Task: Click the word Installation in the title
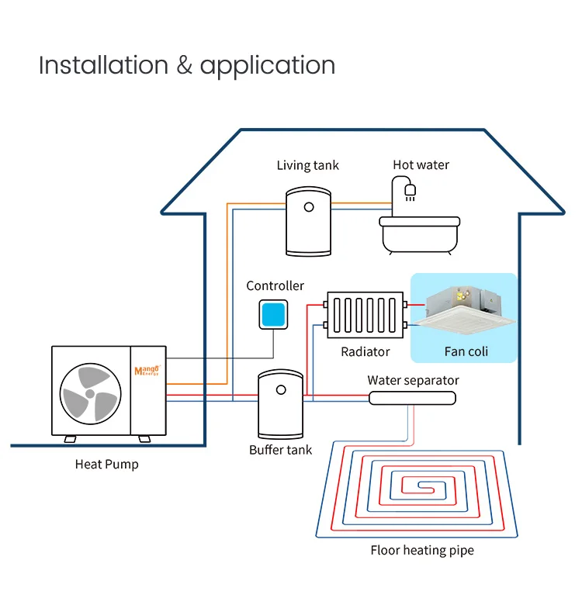pos(103,65)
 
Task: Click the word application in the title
pos(268,67)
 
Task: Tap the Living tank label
pos(308,165)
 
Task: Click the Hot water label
pos(421,164)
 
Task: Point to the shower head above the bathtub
pos(411,189)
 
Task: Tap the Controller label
pos(275,286)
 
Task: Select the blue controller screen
pos(273,314)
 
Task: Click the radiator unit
pos(365,315)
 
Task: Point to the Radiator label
pos(365,352)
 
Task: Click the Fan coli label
pos(466,351)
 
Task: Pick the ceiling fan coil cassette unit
pos(463,308)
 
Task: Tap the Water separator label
pos(413,380)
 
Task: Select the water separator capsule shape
pos(412,398)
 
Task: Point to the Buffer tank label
pos(281,450)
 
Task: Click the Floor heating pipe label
pos(422,551)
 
